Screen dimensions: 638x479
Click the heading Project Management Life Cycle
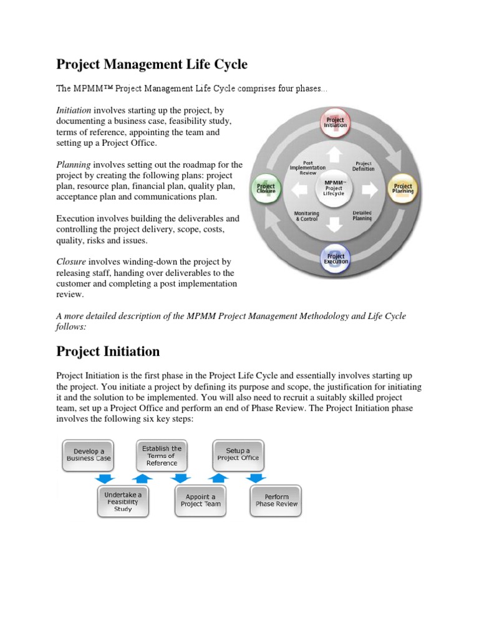tap(152, 64)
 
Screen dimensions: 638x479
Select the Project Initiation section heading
tap(108, 351)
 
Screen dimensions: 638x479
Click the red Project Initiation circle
tap(336, 122)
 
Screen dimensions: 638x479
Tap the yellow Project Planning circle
tap(403, 189)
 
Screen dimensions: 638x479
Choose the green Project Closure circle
tap(266, 189)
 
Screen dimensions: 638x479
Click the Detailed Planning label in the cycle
tap(362, 216)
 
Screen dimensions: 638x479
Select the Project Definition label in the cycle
tap(363, 166)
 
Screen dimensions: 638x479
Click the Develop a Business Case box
tap(89, 454)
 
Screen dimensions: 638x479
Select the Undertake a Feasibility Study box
tap(123, 501)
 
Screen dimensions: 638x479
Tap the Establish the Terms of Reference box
tap(162, 455)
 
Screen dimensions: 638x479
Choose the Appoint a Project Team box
tap(200, 500)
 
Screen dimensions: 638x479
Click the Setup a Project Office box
tap(238, 454)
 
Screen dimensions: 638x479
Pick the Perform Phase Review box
tap(276, 500)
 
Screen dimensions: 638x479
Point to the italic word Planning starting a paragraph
tap(74, 164)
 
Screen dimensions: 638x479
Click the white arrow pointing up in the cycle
tap(336, 153)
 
